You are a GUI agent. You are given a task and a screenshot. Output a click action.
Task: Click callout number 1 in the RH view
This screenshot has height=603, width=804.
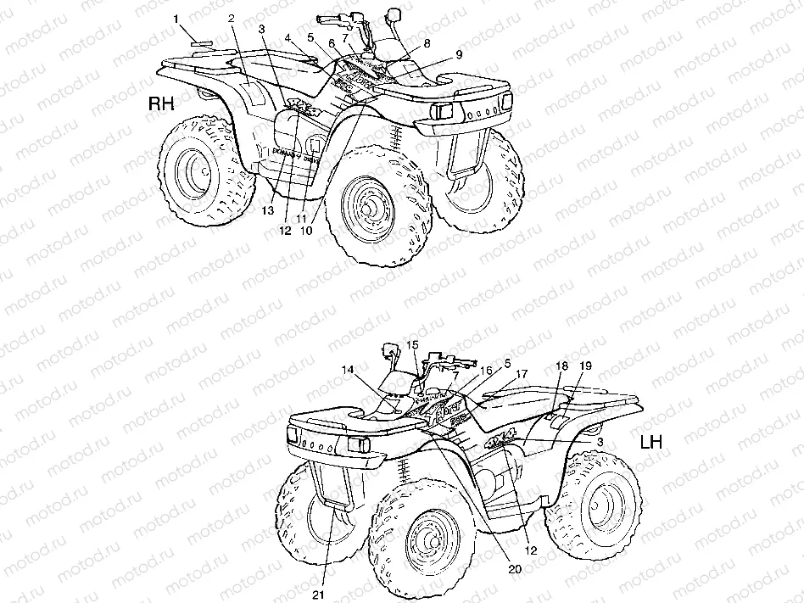[176, 18]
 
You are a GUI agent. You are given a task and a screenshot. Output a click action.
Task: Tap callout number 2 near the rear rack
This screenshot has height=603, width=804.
[231, 19]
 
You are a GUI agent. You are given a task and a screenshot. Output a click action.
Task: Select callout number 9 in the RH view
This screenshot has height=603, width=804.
[459, 54]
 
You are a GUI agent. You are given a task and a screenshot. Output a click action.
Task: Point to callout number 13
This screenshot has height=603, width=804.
[268, 209]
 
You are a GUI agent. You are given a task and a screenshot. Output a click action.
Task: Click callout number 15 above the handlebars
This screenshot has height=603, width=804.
[413, 344]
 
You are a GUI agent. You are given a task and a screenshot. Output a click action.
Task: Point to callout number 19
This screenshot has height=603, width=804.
[584, 366]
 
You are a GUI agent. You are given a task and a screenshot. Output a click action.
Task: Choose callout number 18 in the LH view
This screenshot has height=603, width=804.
[561, 366]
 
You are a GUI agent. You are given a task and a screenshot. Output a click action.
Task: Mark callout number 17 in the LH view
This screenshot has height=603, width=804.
[522, 373]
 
